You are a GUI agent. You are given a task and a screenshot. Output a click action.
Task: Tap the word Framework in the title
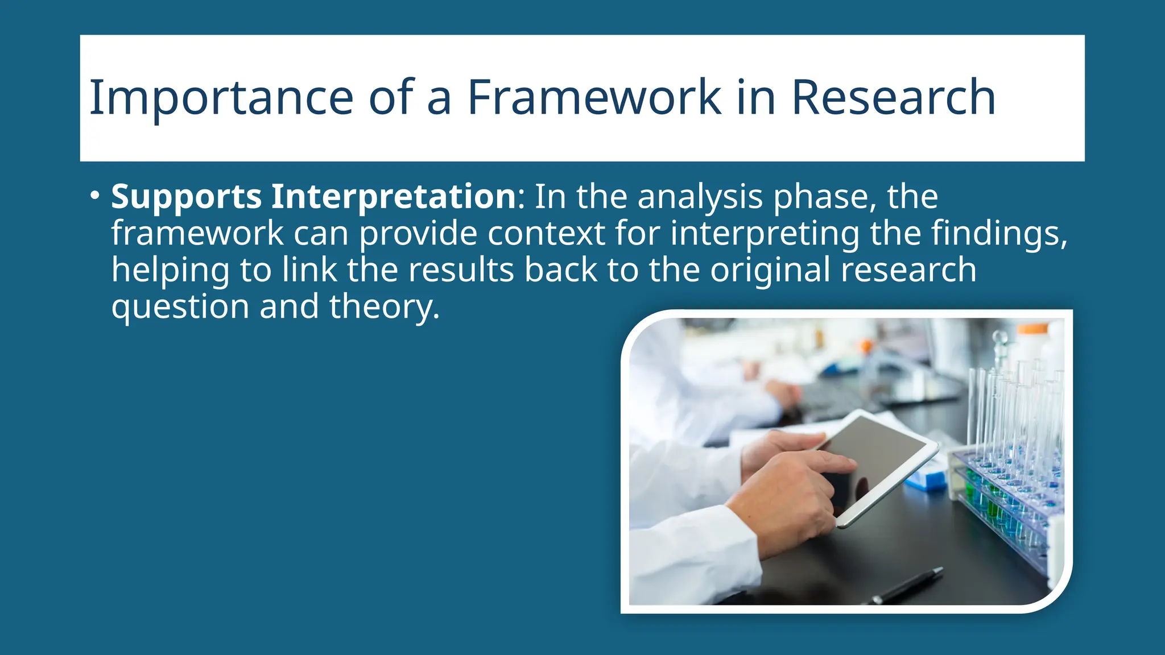(x=594, y=98)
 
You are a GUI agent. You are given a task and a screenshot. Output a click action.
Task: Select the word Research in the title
(x=893, y=98)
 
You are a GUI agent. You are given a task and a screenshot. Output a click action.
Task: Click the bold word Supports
(x=186, y=197)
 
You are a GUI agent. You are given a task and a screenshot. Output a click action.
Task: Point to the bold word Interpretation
(x=393, y=197)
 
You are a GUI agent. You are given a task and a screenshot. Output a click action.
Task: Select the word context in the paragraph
(x=546, y=234)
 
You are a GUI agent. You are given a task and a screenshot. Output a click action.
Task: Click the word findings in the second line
(x=998, y=234)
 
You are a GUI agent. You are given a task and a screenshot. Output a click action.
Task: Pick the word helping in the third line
(x=170, y=271)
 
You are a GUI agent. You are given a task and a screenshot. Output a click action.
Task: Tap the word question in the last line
(x=180, y=307)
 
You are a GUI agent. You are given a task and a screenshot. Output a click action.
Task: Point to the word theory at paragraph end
(x=384, y=307)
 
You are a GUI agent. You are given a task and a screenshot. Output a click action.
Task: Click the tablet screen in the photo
(x=876, y=455)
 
